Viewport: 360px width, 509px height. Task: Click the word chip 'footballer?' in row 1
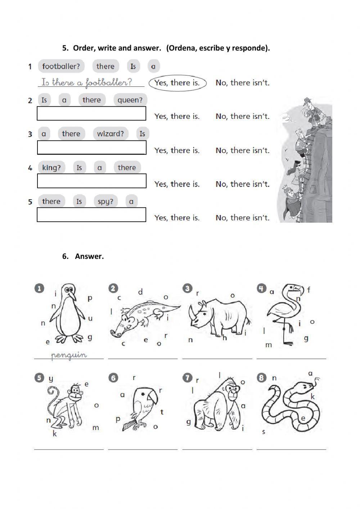coord(61,66)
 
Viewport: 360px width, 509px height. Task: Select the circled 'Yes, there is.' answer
coord(177,83)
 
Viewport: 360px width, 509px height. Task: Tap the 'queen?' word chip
coord(130,100)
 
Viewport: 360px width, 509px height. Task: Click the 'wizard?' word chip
coord(110,134)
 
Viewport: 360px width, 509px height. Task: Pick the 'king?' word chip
coord(51,168)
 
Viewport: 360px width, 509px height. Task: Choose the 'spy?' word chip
coord(105,201)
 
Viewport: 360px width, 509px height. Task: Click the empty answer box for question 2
coord(91,113)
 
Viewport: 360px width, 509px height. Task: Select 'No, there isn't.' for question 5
coord(242,218)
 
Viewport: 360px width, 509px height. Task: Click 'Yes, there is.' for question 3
coord(177,150)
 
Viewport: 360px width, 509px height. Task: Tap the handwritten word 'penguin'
coord(69,355)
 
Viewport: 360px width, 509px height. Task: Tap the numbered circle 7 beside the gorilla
coord(187,378)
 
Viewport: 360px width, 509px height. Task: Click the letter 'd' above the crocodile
coord(140,292)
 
